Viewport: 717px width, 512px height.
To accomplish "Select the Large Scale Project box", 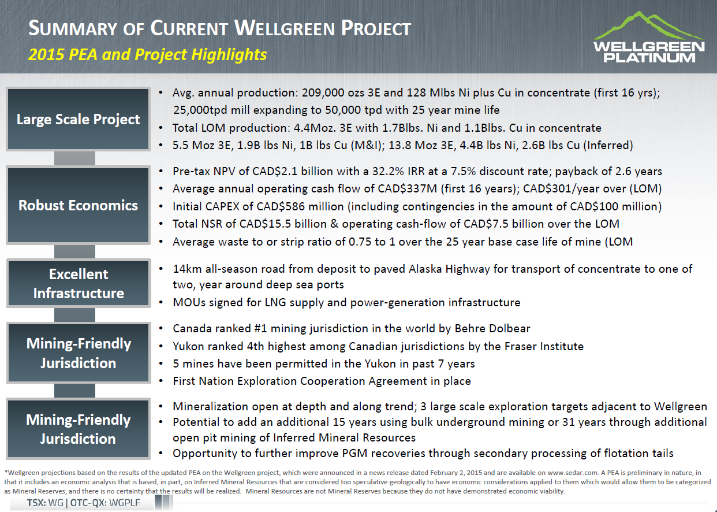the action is pyautogui.click(x=78, y=119).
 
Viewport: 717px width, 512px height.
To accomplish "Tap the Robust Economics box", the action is pyautogui.click(x=78, y=205).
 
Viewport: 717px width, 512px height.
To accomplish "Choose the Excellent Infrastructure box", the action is pyautogui.click(x=79, y=283).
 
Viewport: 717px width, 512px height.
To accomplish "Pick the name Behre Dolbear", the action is pyautogui.click(x=492, y=329).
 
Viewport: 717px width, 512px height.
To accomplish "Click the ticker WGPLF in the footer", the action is pyautogui.click(x=125, y=502).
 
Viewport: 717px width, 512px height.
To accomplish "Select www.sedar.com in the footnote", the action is pyautogui.click(x=573, y=473).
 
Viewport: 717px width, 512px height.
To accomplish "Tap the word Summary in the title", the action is pyautogui.click(x=73, y=28).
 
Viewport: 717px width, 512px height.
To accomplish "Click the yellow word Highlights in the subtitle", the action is pyautogui.click(x=229, y=54).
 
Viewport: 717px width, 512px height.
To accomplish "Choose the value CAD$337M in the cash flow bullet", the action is pyautogui.click(x=407, y=188).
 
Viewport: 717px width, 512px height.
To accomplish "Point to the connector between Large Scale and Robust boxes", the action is pyautogui.click(x=74, y=158).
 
